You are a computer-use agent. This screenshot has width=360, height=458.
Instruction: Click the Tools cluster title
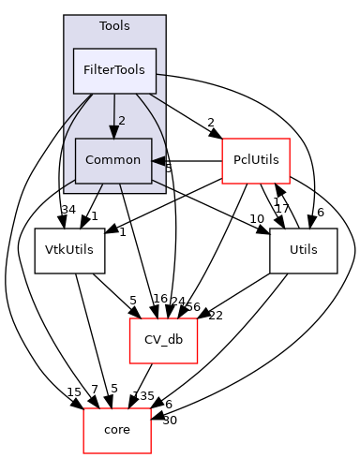[x=114, y=26]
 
